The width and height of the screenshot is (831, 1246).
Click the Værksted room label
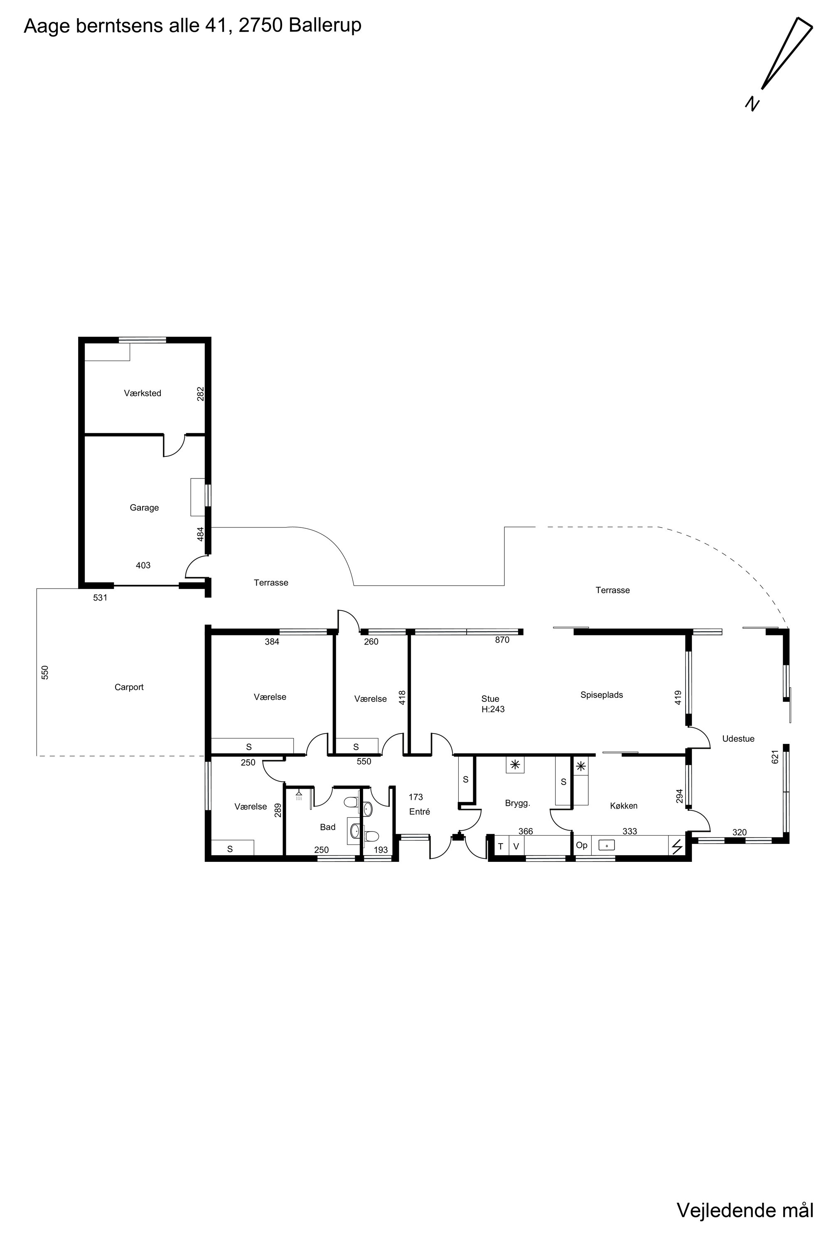143,393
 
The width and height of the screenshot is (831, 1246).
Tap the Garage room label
144,508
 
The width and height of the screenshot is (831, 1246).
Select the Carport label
129,687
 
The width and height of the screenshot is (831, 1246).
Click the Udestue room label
738,738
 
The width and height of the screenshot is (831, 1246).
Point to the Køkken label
624,806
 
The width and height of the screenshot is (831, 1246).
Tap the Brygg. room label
518,803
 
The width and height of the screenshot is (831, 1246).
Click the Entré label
420,812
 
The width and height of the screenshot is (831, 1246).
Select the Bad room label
327,827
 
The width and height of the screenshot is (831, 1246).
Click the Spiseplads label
602,694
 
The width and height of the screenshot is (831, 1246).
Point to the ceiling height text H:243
493,709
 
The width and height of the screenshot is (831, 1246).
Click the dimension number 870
502,640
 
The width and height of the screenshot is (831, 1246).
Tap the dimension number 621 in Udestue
775,756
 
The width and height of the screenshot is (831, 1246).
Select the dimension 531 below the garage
100,598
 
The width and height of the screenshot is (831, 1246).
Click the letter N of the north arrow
752,104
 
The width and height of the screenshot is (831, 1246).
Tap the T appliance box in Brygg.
501,846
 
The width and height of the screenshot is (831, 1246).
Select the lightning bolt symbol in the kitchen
677,846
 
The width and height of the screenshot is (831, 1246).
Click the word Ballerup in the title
325,25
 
